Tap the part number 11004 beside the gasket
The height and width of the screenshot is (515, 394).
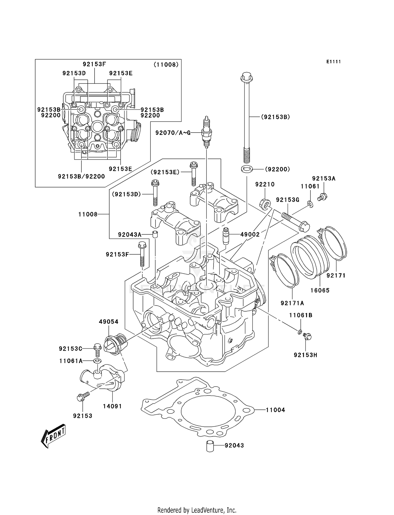(x=275, y=410)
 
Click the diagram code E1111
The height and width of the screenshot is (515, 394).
(x=333, y=62)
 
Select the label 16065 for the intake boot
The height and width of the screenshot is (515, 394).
(x=320, y=290)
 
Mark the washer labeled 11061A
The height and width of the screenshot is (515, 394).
(x=97, y=361)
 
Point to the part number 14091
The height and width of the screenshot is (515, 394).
(x=112, y=406)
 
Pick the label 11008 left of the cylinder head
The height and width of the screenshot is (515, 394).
(x=88, y=214)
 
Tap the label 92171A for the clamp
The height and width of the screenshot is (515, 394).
(x=292, y=303)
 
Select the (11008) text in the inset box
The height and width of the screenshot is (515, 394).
(x=166, y=65)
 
